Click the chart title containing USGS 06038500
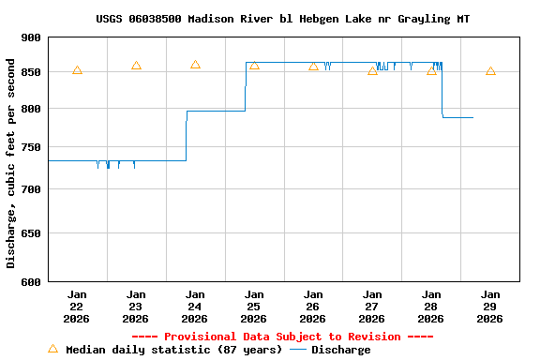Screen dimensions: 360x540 [282, 19]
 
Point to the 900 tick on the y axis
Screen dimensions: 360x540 [31, 37]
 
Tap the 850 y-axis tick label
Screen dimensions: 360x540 [31, 73]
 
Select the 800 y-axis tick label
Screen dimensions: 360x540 [31, 110]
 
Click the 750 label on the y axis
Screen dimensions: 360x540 [31, 147]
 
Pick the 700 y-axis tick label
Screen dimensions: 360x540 [31, 190]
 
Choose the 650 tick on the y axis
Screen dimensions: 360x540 [31, 233]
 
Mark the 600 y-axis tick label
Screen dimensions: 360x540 [31, 281]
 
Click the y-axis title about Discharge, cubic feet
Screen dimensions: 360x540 [11, 163]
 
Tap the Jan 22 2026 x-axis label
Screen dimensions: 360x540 [77, 306]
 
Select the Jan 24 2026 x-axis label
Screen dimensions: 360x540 [195, 306]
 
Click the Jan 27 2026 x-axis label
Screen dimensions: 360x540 [372, 306]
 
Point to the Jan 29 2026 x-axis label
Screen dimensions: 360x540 [490, 306]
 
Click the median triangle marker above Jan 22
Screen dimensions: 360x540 [77, 70]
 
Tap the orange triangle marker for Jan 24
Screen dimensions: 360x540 [195, 65]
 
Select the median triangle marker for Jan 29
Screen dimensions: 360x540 [490, 71]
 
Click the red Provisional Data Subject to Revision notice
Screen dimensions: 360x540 [282, 337]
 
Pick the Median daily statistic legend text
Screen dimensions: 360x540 [173, 350]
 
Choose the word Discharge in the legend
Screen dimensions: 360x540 [340, 350]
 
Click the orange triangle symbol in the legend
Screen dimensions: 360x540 [52, 349]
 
